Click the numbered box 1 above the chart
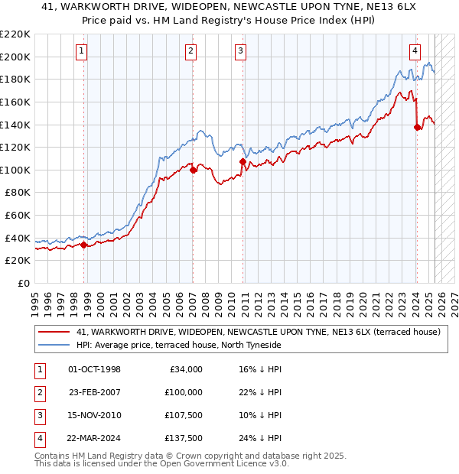click(x=81, y=52)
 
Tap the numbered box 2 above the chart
click(x=190, y=52)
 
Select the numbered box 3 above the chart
click(x=240, y=52)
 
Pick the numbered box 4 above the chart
click(x=415, y=52)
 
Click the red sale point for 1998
click(x=83, y=245)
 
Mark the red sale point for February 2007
click(x=193, y=170)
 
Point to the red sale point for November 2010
click(x=243, y=162)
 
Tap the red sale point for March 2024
click(x=417, y=128)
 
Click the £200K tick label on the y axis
click(x=15, y=57)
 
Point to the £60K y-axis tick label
click(x=18, y=216)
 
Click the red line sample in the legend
click(x=54, y=333)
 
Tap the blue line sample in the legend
click(x=54, y=346)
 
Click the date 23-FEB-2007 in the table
click(x=95, y=392)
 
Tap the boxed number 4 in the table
click(x=37, y=438)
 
